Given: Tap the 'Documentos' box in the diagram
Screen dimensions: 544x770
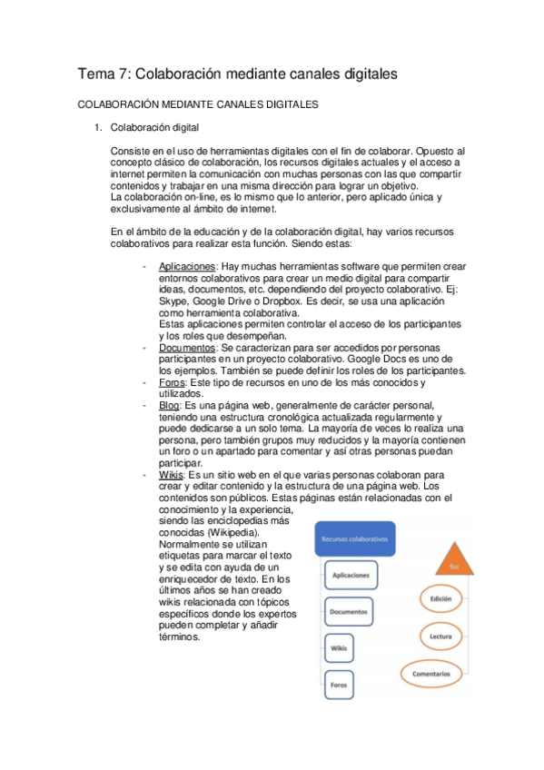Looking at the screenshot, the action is point(351,612).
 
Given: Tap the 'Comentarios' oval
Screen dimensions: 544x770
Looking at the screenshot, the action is point(439,675).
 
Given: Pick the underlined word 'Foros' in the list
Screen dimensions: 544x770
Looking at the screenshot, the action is point(171,382).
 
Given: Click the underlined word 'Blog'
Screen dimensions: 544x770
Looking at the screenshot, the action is point(170,405).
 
